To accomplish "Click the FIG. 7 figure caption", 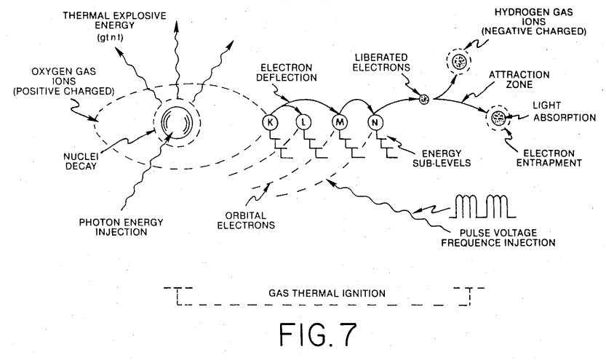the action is [318, 335].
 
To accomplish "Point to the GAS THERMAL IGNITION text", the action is [327, 294].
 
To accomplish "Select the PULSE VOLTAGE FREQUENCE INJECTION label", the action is [498, 238].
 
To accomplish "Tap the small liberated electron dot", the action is [424, 99].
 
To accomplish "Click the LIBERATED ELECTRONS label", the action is [381, 63].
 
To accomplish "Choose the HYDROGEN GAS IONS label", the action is [534, 22].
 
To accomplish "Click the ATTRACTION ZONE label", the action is [519, 79].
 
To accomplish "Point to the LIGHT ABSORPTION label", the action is [565, 111].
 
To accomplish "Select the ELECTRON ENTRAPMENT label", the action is [549, 158].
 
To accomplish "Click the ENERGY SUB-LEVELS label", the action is [442, 159].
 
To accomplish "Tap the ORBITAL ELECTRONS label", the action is [246, 220].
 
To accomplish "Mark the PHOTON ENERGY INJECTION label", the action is [121, 227].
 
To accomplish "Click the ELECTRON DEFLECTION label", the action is [287, 73].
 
